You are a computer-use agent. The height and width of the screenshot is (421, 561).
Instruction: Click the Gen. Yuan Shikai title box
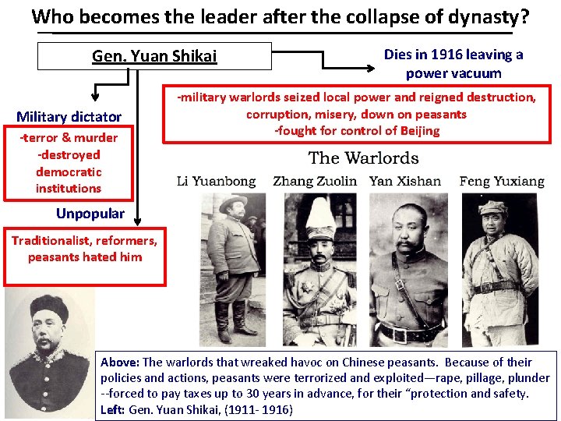(x=154, y=56)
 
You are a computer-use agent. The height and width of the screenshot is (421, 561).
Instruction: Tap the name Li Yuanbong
(x=216, y=181)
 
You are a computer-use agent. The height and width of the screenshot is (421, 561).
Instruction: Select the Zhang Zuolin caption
(x=315, y=181)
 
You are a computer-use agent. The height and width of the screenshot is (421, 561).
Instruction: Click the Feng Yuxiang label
(x=502, y=181)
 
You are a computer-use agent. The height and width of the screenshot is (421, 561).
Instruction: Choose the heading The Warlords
(x=363, y=158)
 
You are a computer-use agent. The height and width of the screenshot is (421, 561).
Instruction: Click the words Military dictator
(x=69, y=117)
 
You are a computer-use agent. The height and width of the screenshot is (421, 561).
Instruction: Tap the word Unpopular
(x=90, y=214)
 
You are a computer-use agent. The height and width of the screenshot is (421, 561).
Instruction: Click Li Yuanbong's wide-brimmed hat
(x=233, y=203)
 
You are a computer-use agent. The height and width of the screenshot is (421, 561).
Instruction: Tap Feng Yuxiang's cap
(x=493, y=207)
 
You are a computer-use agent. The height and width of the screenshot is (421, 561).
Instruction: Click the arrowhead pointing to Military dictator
(x=94, y=97)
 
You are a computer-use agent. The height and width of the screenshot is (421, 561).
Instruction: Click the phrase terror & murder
(x=69, y=138)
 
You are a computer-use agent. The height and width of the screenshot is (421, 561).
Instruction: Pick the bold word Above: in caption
(x=120, y=362)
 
